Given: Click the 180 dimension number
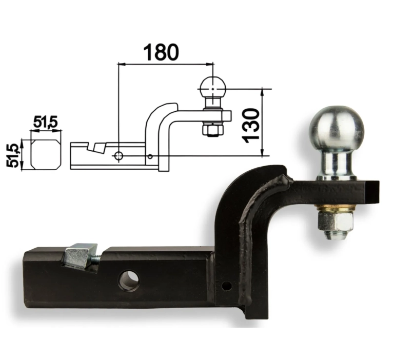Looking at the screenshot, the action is (161, 52).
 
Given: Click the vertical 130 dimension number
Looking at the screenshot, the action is (250, 125).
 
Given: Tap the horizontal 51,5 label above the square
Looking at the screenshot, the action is (46, 123).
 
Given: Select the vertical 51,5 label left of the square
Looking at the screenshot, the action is (13, 156).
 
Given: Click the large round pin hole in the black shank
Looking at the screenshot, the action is (129, 279).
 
